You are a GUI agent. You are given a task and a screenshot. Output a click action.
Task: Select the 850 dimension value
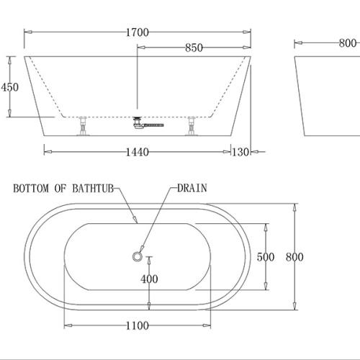click(193, 48)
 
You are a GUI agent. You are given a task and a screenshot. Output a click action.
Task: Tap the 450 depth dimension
click(10, 87)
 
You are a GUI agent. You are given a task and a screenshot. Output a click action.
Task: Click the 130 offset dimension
click(241, 152)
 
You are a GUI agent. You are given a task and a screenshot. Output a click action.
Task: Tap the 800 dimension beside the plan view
click(294, 257)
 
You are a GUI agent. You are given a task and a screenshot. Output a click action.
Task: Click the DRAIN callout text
click(192, 189)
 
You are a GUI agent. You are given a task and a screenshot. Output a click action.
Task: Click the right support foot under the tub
click(192, 127)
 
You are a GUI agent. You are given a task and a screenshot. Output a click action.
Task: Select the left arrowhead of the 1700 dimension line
click(27, 32)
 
